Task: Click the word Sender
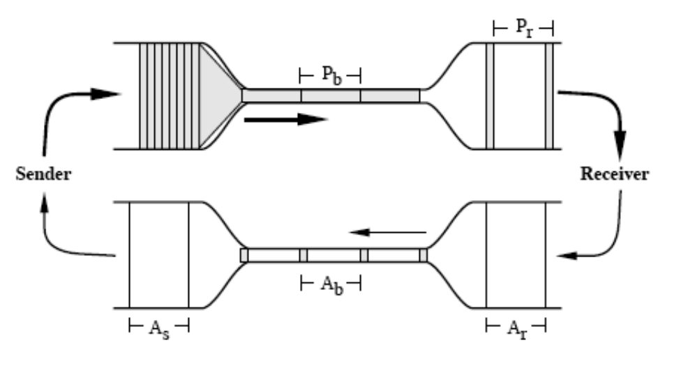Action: [x=43, y=174]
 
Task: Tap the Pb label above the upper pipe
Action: [x=331, y=73]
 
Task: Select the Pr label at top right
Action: [x=523, y=28]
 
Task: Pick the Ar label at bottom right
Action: [x=515, y=326]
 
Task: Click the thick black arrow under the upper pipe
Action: [x=286, y=119]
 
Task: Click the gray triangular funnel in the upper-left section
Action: [x=220, y=95]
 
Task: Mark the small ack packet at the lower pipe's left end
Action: [x=244, y=256]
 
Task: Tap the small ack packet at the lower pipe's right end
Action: [x=424, y=256]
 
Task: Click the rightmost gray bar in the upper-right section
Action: [x=549, y=95]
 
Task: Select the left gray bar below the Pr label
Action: [x=490, y=95]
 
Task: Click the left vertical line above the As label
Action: [x=130, y=254]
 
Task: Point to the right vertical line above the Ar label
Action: [x=545, y=254]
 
